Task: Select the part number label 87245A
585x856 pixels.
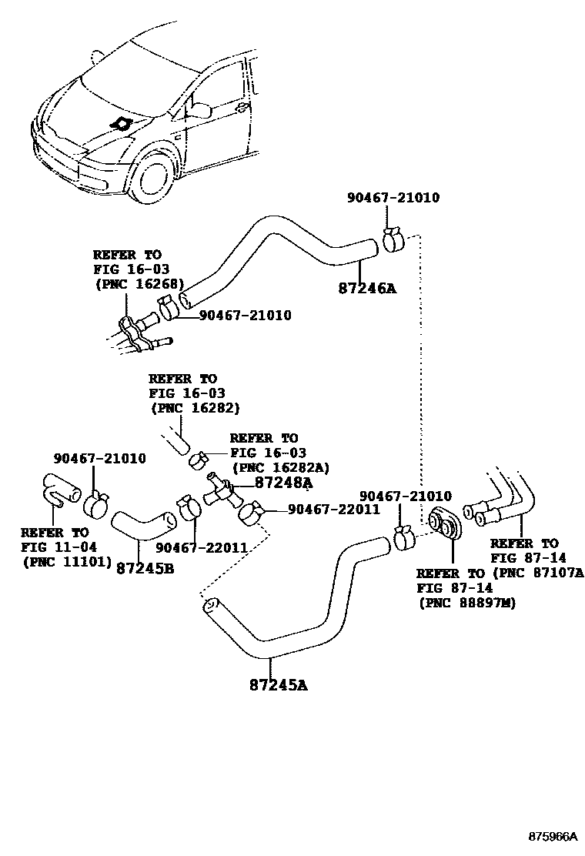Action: click(x=278, y=684)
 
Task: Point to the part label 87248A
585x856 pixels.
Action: click(x=282, y=483)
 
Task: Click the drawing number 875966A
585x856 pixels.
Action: click(x=552, y=835)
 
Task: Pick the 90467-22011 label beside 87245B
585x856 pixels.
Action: click(x=201, y=547)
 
